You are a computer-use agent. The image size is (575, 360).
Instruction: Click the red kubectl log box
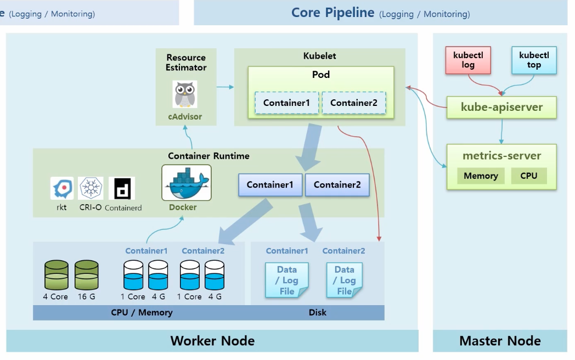point(468,60)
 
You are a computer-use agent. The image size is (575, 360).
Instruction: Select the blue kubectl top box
point(533,60)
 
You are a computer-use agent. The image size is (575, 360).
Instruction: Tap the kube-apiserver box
point(501,107)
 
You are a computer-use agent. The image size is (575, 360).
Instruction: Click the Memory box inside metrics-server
point(481,176)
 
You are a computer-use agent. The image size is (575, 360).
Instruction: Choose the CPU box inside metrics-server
point(528,176)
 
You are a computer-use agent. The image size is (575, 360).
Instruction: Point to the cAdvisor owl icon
point(185,94)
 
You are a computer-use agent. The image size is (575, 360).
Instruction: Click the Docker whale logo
point(187,183)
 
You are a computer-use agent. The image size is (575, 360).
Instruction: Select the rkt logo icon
point(62,188)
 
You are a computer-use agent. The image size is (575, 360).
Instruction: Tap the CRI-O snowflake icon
point(91,188)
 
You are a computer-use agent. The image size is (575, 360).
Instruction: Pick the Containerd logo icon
point(122,188)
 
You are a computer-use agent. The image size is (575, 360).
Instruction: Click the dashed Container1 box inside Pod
point(286,103)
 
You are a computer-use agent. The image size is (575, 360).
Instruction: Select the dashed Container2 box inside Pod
point(353,103)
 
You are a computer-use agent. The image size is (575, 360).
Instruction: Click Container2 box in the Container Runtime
point(337,185)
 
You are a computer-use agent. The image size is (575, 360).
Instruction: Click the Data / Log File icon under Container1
point(287,280)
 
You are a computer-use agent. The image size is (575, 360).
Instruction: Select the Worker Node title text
point(212,341)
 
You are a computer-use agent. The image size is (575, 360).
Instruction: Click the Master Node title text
point(500,341)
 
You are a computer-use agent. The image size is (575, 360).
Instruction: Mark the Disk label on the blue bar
point(317,312)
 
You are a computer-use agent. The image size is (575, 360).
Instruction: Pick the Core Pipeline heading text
point(332,13)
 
